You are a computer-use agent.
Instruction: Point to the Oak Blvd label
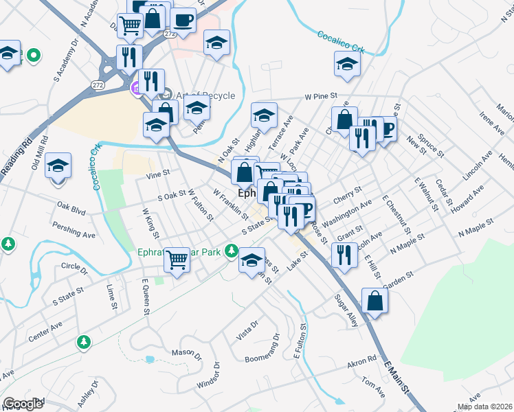tap(71, 205)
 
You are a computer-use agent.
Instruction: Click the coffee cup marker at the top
tap(183, 21)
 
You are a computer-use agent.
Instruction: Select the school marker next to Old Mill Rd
tap(58, 165)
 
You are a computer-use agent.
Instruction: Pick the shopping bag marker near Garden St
tap(375, 300)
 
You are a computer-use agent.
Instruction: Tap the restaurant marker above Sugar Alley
tap(343, 255)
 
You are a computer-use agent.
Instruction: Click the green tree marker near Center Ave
tap(84, 341)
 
